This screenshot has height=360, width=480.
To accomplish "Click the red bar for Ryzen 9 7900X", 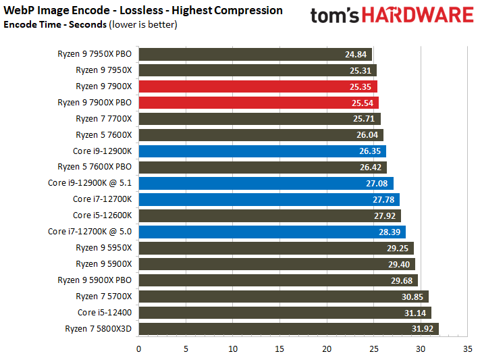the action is click(258, 86).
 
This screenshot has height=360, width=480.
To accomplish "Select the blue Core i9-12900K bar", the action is click(263, 151).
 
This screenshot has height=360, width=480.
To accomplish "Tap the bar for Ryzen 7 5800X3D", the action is click(289, 329).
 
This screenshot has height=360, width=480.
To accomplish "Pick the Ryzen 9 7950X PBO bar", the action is click(255, 54).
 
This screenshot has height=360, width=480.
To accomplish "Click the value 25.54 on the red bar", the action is click(363, 103).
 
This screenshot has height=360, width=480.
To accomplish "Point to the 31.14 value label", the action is click(415, 313).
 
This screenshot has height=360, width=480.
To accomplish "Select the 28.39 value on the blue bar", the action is click(390, 232).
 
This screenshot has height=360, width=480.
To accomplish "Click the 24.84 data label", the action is click(356, 54).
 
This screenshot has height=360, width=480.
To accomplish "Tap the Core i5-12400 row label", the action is click(105, 313).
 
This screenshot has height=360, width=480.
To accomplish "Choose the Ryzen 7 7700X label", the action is click(104, 119).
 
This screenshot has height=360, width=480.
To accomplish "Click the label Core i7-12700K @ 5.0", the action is click(90, 231).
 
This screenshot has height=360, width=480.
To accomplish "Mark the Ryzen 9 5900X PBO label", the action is click(95, 280).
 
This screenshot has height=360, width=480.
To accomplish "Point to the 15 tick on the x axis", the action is click(279, 349).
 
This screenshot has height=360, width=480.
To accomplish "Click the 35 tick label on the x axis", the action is click(467, 349).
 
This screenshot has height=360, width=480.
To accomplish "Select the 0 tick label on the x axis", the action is click(138, 349).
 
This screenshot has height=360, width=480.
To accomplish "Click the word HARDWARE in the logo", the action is click(418, 16).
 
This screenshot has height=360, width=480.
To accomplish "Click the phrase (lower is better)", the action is click(143, 24).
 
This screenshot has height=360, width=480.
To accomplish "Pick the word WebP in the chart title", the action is click(19, 10).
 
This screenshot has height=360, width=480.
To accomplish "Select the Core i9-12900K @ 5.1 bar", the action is click(266, 183).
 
